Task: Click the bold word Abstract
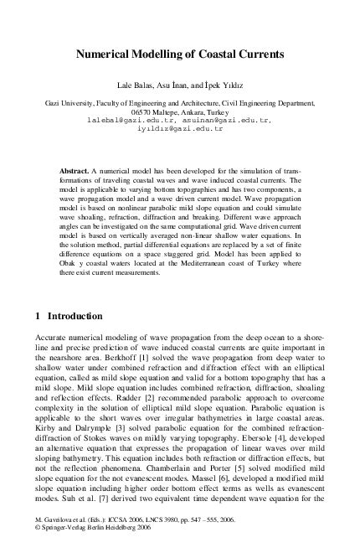pyautogui.click(x=74, y=170)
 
